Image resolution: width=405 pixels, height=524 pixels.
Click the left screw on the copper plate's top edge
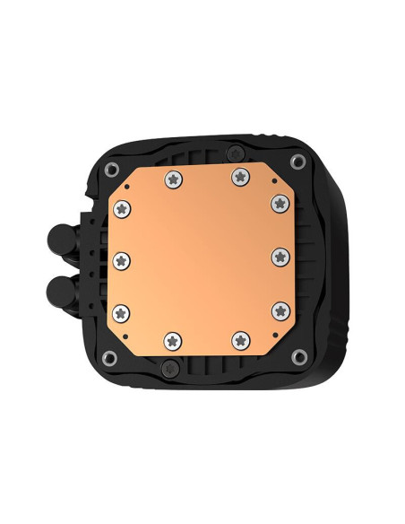(x=171, y=179)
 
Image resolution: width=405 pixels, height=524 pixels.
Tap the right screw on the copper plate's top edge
(x=239, y=179)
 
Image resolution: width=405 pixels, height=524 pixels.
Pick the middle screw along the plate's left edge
(x=124, y=259)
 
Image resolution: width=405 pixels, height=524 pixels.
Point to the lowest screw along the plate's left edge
(x=124, y=311)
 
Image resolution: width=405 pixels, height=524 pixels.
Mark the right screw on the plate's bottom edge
(x=239, y=340)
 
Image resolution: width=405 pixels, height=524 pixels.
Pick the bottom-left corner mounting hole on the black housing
(x=110, y=358)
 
